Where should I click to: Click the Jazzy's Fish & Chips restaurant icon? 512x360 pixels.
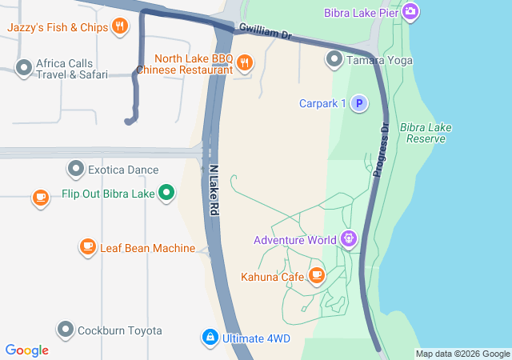click(x=119, y=26)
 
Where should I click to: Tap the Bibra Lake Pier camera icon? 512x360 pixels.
click(x=410, y=12)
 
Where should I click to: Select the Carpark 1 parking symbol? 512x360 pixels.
click(x=359, y=103)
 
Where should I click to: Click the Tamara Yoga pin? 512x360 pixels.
click(x=334, y=59)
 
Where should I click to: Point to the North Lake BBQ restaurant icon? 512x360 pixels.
click(x=245, y=62)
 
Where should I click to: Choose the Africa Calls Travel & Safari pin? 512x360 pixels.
click(x=24, y=69)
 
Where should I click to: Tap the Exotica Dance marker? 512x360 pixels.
click(x=76, y=170)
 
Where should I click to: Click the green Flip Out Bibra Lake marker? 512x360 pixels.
click(x=166, y=193)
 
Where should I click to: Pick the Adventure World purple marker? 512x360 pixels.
click(x=348, y=238)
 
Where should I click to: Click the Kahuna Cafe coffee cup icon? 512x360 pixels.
click(x=317, y=276)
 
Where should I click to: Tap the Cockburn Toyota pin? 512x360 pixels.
click(x=66, y=330)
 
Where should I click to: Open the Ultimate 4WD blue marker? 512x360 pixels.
click(x=210, y=338)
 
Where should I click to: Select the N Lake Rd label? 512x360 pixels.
click(x=214, y=188)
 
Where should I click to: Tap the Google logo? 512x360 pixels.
click(x=27, y=350)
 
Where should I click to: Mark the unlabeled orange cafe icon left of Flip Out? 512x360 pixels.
click(x=41, y=197)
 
